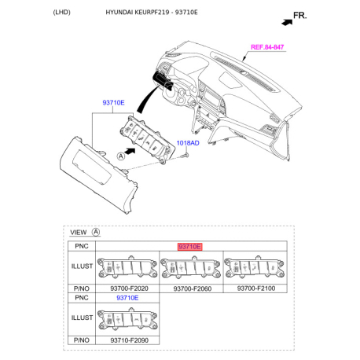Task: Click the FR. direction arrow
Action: click(299, 15)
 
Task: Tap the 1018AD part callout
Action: click(187, 143)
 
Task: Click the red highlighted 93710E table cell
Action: click(189, 246)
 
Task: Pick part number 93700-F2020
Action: click(126, 288)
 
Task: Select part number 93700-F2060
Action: click(189, 288)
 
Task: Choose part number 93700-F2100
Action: click(253, 288)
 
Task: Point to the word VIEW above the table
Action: click(79, 233)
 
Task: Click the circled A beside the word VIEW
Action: click(96, 233)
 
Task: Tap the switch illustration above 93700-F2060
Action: click(189, 269)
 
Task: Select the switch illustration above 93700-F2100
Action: click(253, 269)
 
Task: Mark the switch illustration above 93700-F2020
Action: click(126, 269)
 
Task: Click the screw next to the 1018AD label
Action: click(184, 155)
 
